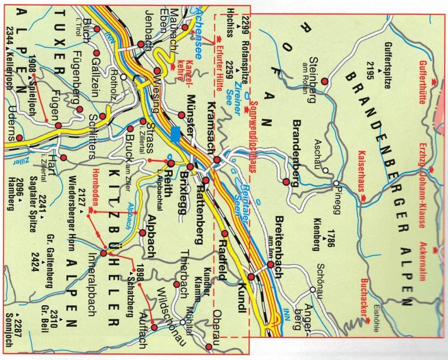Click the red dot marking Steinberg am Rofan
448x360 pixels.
(325, 82)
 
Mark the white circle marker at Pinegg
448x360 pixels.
(337, 183)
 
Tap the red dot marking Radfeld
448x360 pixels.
(224, 233)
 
